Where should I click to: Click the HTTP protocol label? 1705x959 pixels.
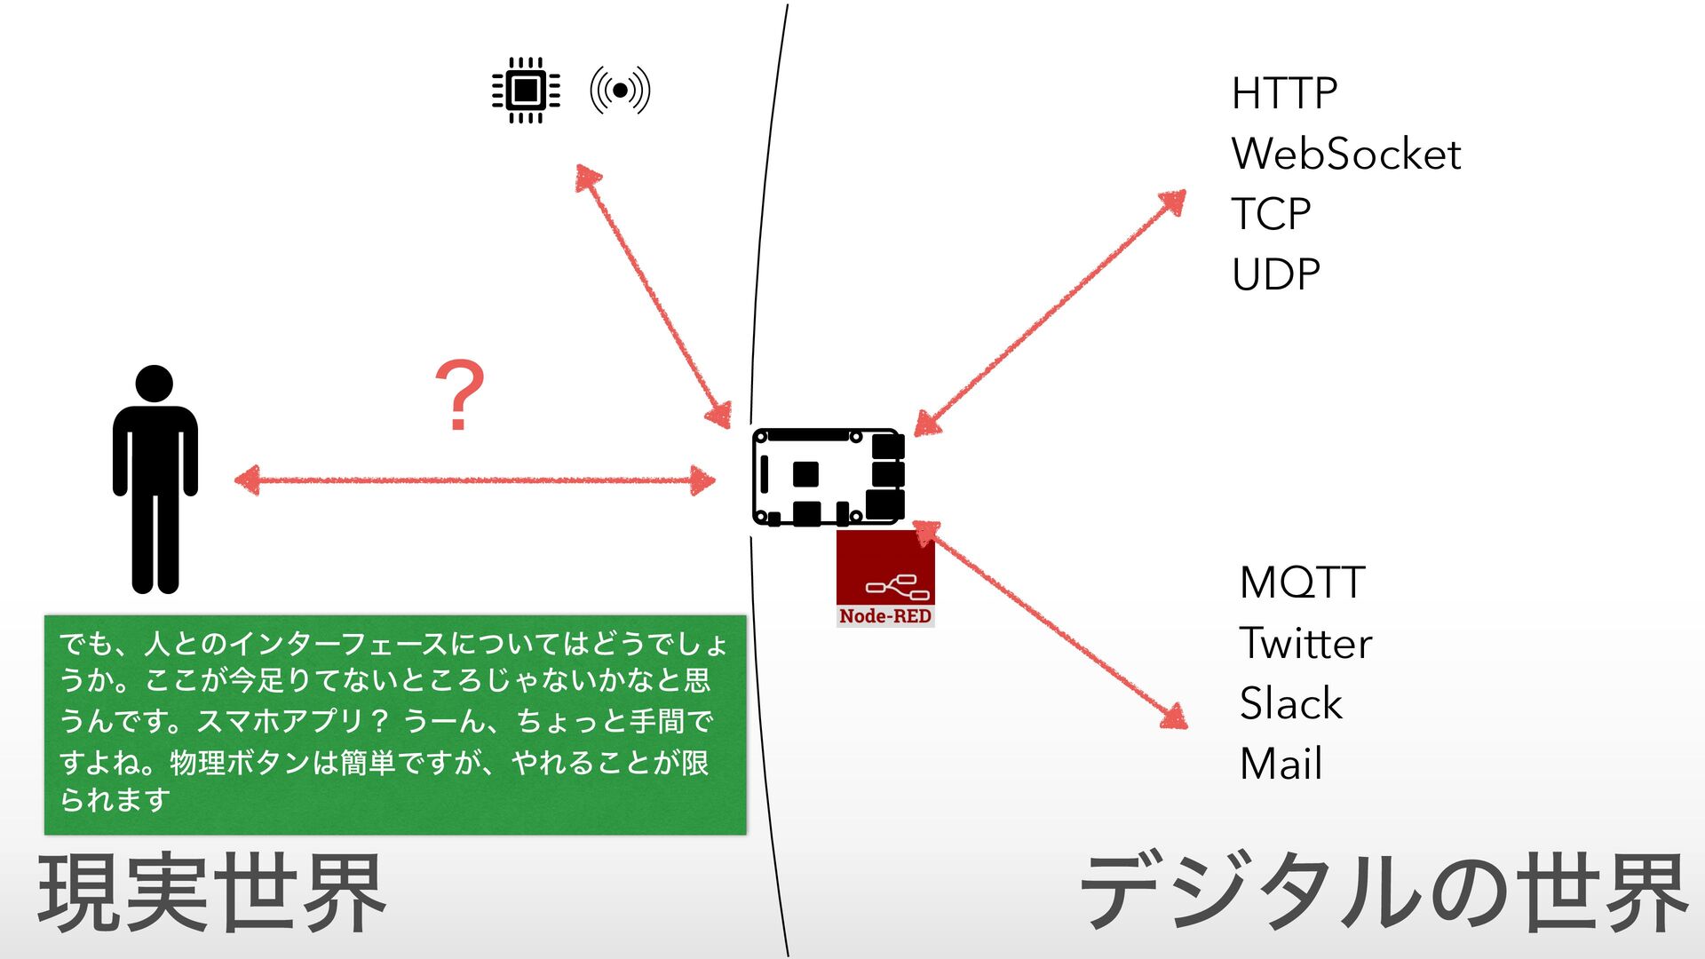[1284, 93]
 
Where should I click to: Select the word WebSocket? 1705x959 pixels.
[1345, 155]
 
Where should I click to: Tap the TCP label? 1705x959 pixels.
[1271, 214]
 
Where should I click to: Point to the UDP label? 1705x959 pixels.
[1276, 274]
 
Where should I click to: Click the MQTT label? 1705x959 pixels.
[1302, 583]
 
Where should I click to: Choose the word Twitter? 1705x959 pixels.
[1305, 644]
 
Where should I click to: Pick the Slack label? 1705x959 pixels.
[1290, 704]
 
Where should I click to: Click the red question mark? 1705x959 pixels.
[459, 396]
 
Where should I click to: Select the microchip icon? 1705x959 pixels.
[526, 90]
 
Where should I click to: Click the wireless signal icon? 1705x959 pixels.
[620, 90]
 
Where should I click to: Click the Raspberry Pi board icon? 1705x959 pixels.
[828, 477]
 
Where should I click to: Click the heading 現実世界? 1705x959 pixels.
[211, 892]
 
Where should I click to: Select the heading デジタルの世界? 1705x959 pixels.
[1383, 892]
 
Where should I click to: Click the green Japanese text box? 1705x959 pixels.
[395, 724]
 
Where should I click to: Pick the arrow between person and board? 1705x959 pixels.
[474, 480]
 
